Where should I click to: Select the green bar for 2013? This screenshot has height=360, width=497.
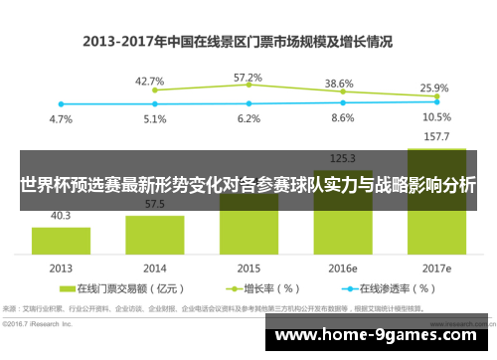point(61,240)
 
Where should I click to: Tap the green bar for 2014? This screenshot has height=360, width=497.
point(154,235)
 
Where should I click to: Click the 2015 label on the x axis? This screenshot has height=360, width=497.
point(248,269)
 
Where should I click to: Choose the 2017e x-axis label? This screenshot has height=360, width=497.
point(435,269)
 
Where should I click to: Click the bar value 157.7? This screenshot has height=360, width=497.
point(435,137)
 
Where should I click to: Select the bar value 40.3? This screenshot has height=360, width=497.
point(61,215)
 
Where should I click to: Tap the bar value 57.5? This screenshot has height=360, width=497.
point(154,204)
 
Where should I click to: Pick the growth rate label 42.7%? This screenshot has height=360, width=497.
point(149,81)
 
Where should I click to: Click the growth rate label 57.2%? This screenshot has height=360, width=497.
point(248,77)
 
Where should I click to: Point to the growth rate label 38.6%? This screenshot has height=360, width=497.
point(340,84)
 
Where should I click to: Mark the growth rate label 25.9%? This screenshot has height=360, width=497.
point(434,88)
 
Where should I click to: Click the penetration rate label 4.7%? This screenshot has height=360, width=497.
point(61,118)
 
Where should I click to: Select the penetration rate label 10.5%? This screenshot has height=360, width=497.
point(435,116)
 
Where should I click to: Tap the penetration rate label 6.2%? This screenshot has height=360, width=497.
point(248,118)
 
